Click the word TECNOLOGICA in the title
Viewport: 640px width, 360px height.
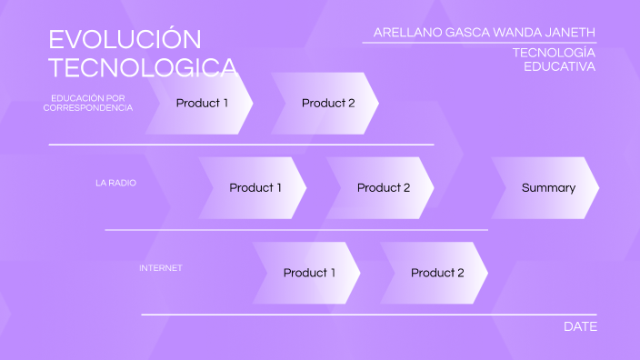point(143,68)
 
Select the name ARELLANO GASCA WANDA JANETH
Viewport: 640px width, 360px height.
point(485,33)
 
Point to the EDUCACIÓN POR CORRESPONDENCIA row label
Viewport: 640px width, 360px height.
point(88,103)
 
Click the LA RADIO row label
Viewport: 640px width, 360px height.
point(115,183)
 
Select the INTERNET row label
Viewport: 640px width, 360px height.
point(161,268)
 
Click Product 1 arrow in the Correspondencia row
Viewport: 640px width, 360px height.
point(201,103)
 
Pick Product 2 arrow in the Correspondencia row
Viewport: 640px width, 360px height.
point(327,103)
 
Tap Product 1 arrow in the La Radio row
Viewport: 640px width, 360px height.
point(255,188)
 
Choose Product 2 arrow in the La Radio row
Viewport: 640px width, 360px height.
point(383,188)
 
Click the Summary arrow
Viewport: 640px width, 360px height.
point(547,188)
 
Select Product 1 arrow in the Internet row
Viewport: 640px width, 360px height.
point(308,273)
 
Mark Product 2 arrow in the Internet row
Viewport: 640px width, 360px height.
point(436,273)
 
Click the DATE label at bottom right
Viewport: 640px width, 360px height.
point(580,326)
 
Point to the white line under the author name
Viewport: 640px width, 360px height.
point(479,43)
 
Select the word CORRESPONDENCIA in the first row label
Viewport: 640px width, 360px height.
point(88,108)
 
